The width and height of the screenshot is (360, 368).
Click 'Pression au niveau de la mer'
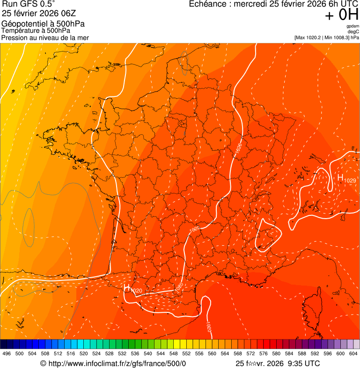coord(45,37)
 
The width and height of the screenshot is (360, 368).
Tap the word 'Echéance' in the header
coord(206,4)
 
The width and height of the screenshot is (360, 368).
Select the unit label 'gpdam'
coord(353,26)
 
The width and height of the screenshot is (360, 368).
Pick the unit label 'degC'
coord(353,32)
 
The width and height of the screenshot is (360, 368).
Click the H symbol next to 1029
coord(340,178)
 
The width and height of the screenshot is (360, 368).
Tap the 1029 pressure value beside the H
coord(350,181)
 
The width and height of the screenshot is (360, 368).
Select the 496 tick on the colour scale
coord(7,353)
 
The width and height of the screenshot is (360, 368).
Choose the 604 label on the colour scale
coord(354,353)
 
